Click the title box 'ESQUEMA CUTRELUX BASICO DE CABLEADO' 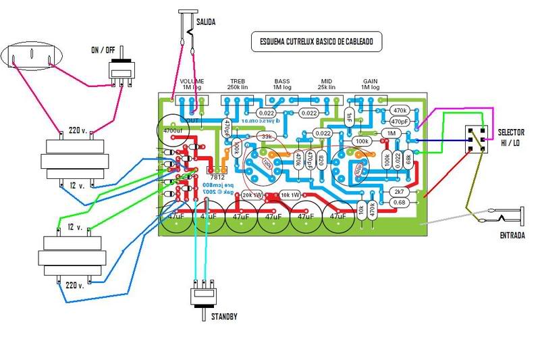[316, 42]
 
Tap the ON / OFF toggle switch [122, 70]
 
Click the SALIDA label [206, 22]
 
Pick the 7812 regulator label [216, 169]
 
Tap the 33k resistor [267, 137]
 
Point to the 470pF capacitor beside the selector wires [399, 122]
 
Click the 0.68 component [400, 202]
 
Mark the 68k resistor [408, 159]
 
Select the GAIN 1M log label [370, 84]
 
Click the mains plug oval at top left [32, 57]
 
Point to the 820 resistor [321, 159]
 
